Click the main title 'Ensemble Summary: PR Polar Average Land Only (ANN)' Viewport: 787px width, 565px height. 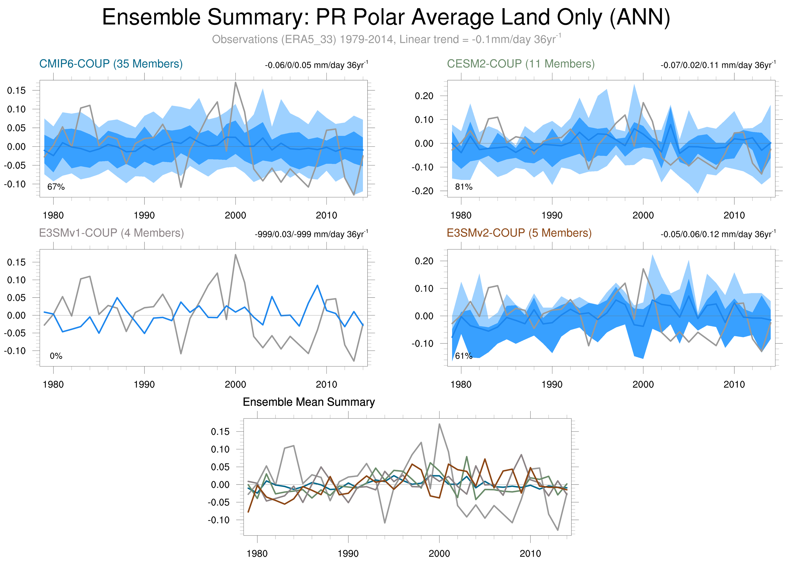pos(386,17)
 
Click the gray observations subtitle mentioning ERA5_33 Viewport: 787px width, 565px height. pos(386,39)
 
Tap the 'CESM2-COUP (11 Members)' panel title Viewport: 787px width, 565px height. pos(520,64)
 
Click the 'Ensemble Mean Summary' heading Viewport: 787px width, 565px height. pos(309,402)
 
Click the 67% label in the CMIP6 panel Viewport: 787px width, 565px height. pos(56,187)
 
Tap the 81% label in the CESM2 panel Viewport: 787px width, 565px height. pos(464,187)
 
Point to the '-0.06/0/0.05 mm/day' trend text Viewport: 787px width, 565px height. pos(316,65)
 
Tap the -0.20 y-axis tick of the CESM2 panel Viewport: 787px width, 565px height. pos(422,191)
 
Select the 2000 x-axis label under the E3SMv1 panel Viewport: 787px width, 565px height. pos(235,384)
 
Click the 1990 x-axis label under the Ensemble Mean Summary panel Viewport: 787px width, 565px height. pos(348,554)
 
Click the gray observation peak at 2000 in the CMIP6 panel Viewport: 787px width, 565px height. pos(236,83)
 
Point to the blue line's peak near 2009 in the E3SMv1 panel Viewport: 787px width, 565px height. pos(317,286)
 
